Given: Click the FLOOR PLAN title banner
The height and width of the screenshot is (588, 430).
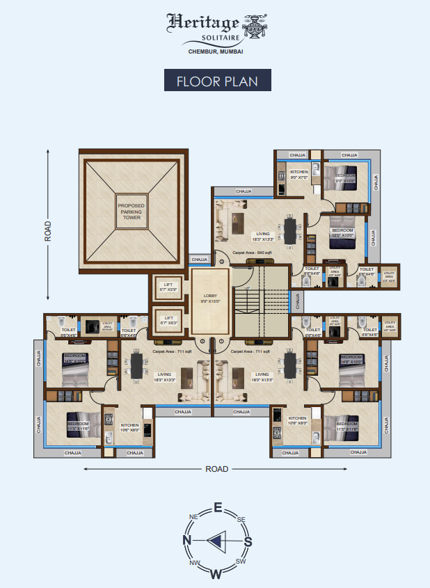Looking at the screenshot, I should (x=217, y=81).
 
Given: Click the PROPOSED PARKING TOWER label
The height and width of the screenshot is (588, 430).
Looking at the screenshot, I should (x=131, y=212).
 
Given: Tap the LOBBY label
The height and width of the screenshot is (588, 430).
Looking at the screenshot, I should (x=210, y=298).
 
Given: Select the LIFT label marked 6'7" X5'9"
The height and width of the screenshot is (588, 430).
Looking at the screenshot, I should (x=168, y=288).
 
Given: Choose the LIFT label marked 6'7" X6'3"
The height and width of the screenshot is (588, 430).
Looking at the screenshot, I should (x=168, y=319).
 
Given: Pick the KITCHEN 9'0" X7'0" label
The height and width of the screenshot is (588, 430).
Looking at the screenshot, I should (x=298, y=174).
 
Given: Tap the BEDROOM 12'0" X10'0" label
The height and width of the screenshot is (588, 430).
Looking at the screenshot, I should (x=343, y=232).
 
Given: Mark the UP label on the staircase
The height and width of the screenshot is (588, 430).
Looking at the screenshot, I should (x=246, y=287).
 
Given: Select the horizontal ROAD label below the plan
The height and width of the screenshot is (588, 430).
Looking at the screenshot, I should (x=216, y=469).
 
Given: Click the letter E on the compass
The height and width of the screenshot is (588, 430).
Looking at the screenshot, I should (x=217, y=507).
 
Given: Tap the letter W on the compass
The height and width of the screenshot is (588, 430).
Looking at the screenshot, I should (x=216, y=573).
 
